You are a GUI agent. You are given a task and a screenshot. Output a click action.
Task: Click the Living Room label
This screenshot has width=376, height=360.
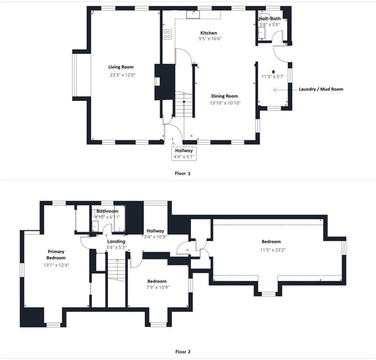[x=121, y=67]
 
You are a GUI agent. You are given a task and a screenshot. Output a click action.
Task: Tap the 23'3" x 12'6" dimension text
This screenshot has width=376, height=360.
[x=123, y=75]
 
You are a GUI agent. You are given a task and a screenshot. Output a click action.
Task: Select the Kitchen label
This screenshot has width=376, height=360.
[x=209, y=33]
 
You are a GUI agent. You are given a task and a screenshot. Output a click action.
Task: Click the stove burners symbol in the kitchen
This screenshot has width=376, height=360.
[x=167, y=34]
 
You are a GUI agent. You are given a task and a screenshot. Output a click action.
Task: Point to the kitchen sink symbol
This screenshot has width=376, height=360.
[x=193, y=15]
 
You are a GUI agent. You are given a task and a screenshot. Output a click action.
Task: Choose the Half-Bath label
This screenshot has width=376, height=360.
[x=270, y=18]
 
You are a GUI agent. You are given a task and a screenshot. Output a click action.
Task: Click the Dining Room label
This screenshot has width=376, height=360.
[x=224, y=96]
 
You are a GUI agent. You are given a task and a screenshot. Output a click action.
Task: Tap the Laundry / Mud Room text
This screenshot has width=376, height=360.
[x=321, y=89]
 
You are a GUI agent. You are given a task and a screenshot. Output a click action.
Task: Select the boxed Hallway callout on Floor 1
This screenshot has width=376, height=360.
[x=184, y=154]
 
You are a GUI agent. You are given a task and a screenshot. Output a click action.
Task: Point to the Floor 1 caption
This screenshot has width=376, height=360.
[x=183, y=173]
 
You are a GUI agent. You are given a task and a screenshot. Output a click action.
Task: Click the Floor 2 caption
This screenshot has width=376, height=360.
[x=183, y=352]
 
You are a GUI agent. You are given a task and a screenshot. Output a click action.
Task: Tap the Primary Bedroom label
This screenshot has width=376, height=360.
[x=56, y=255]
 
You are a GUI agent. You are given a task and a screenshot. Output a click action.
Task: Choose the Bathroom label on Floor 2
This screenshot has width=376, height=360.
[x=107, y=211]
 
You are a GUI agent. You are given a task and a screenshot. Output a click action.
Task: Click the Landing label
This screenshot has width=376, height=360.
[x=116, y=241]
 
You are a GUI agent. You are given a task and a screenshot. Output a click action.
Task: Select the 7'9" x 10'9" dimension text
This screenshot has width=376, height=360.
[x=158, y=287]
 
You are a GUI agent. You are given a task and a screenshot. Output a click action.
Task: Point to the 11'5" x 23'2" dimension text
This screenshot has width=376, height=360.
[x=273, y=250]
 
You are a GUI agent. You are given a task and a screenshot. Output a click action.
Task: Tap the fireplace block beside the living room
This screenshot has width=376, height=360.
[x=165, y=82]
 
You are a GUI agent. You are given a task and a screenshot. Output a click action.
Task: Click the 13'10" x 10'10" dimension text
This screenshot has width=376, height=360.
[x=225, y=103]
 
